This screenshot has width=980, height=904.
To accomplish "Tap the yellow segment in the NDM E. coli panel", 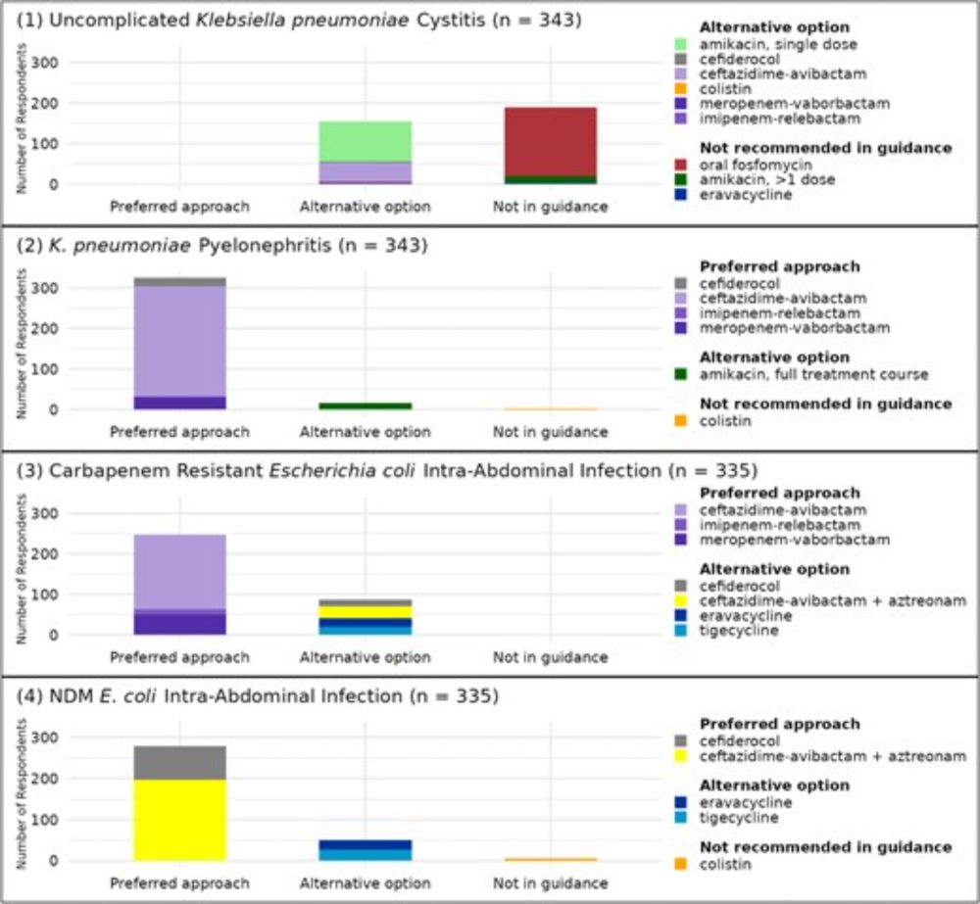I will (179, 820).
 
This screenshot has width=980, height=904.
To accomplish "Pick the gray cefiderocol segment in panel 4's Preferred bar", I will (179, 763).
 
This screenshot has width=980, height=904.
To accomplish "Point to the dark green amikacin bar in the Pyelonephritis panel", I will (365, 405).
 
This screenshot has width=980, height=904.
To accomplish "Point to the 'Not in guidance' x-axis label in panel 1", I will (550, 207).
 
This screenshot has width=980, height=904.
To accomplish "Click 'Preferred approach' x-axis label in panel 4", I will (179, 883).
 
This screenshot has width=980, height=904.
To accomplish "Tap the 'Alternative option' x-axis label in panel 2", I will (365, 432).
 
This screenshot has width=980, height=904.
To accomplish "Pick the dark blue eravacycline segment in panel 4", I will (365, 844).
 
